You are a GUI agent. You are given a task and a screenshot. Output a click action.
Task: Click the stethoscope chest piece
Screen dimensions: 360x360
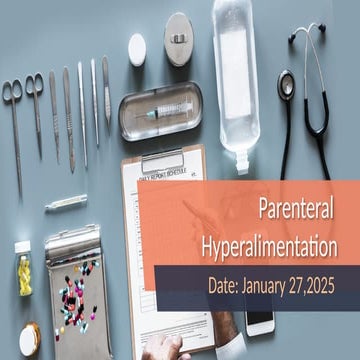289,84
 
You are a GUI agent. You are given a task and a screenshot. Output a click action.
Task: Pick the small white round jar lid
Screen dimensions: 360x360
137,44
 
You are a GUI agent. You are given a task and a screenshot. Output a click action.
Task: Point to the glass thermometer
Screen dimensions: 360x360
66,202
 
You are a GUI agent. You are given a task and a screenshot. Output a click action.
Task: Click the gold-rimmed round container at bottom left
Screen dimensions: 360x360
29,339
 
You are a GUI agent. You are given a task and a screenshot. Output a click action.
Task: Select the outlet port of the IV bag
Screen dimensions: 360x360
238,165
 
